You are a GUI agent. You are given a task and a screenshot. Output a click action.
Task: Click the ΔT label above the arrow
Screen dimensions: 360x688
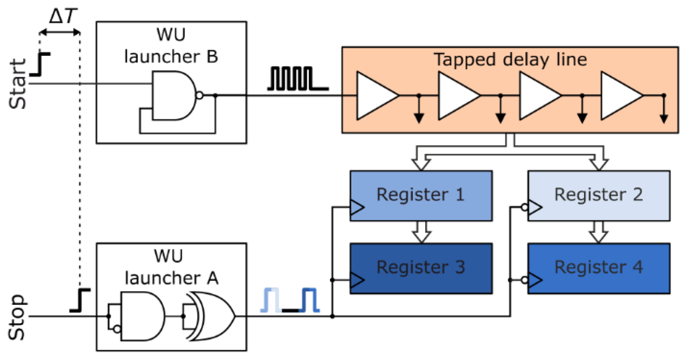pyautogui.click(x=63, y=16)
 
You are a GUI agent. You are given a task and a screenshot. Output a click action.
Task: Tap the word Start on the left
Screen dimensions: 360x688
pyautogui.click(x=17, y=84)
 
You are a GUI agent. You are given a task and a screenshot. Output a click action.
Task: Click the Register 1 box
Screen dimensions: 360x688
pyautogui.click(x=421, y=196)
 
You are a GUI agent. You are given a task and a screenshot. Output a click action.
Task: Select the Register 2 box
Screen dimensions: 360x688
pyautogui.click(x=599, y=196)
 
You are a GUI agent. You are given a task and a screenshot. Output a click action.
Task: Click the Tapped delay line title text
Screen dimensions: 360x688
pyautogui.click(x=510, y=60)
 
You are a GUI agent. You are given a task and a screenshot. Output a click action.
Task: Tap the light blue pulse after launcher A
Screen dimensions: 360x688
pyautogui.click(x=271, y=300)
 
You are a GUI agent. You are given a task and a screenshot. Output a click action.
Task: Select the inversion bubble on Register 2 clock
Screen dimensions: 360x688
pyautogui.click(x=525, y=207)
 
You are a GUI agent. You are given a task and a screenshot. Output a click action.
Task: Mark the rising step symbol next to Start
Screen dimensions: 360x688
pyautogui.click(x=40, y=64)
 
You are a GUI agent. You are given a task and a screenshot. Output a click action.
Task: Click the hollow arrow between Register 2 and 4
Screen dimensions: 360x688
pyautogui.click(x=598, y=232)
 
